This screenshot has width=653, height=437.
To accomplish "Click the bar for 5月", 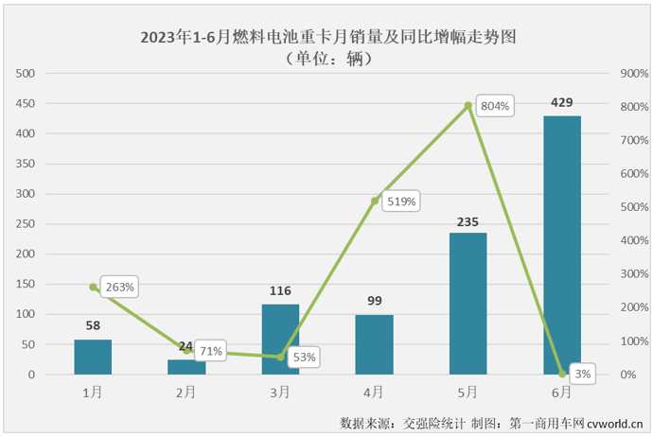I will coord(468,304).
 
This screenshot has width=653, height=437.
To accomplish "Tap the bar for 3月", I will coord(280,340).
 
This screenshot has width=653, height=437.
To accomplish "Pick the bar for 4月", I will coord(374,344).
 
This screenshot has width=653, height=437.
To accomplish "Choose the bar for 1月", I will coord(93,357).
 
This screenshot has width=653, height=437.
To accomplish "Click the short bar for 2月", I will coord(186,367).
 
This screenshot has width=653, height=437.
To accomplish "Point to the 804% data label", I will coord(495,107).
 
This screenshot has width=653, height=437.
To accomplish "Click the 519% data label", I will coord(401,201).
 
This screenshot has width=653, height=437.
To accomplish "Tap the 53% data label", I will coord(305,357).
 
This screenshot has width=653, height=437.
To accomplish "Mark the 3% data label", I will coord(583,374).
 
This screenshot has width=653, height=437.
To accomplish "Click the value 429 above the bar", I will coord(561,102).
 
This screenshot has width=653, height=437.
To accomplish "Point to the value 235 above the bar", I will coord(468,219).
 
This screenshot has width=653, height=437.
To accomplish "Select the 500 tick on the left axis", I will coord(26,74).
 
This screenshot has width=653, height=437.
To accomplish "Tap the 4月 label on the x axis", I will coord(374,390).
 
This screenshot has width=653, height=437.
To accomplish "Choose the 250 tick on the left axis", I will coord(26,224).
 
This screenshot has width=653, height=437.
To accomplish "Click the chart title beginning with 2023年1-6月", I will coord(326,38).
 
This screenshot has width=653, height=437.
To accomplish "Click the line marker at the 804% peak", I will coord(468,105).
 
